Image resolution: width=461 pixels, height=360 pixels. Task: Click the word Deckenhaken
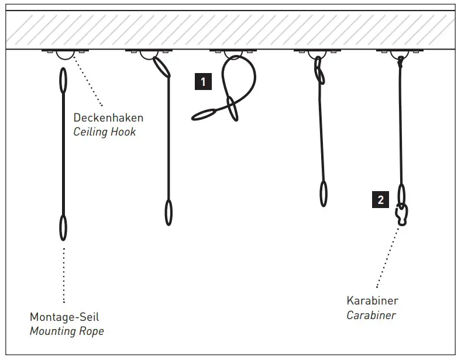pyautogui.click(x=108, y=118)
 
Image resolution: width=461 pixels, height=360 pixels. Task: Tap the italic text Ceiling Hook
pyautogui.click(x=104, y=132)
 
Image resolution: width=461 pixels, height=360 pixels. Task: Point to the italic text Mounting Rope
pyautogui.click(x=67, y=331)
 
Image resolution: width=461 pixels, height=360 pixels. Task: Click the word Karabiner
pyautogui.click(x=372, y=301)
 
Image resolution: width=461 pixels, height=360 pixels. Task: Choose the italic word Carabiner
pyautogui.click(x=371, y=316)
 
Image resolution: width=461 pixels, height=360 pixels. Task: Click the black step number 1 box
pyautogui.click(x=203, y=82)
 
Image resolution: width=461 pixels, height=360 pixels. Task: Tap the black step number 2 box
pyautogui.click(x=380, y=200)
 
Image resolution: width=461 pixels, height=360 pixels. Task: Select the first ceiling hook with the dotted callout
pyautogui.click(x=64, y=54)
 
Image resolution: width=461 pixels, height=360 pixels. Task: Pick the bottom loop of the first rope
pyautogui.click(x=63, y=227)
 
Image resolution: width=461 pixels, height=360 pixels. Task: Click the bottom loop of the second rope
pyautogui.click(x=168, y=212)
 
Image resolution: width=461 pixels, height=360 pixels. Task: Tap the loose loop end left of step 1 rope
pyautogui.click(x=204, y=115)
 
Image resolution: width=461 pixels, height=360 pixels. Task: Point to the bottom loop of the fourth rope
pyautogui.click(x=324, y=193)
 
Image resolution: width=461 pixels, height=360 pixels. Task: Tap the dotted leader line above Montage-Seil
pyautogui.click(x=63, y=275)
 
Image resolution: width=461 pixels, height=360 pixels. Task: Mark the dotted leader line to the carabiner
pyautogui.click(x=388, y=257)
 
